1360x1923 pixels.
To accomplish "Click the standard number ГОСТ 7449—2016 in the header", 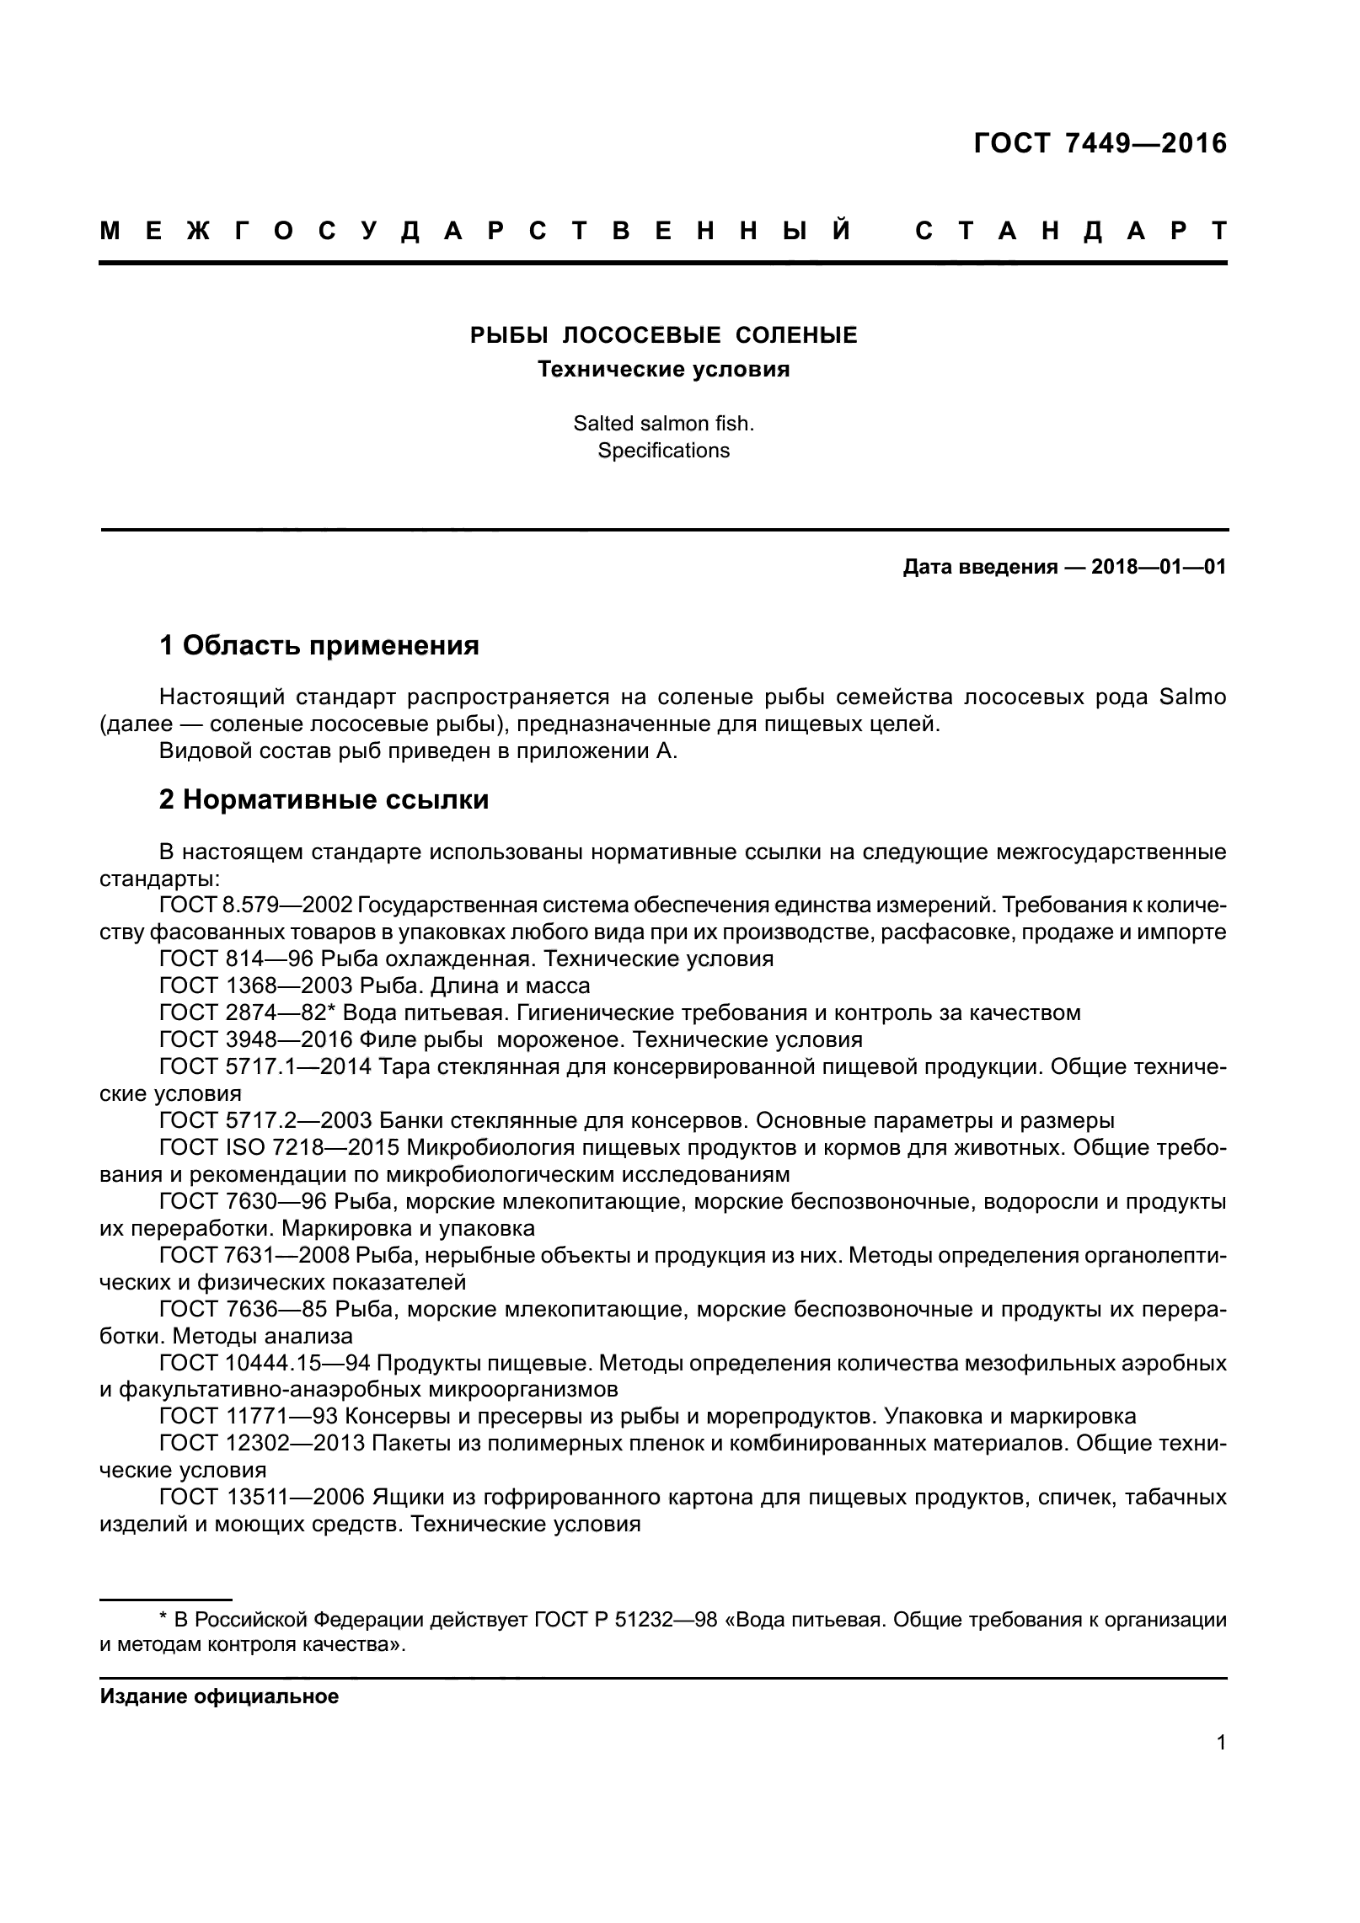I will coord(1100,144).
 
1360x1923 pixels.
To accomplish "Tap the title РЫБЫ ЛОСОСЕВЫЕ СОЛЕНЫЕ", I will coord(663,336).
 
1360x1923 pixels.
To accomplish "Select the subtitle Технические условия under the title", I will coord(663,370).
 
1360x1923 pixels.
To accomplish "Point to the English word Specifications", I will coord(663,451).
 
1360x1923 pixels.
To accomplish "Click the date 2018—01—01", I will coord(1158,567).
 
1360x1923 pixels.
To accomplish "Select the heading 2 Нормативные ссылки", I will coord(324,799).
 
